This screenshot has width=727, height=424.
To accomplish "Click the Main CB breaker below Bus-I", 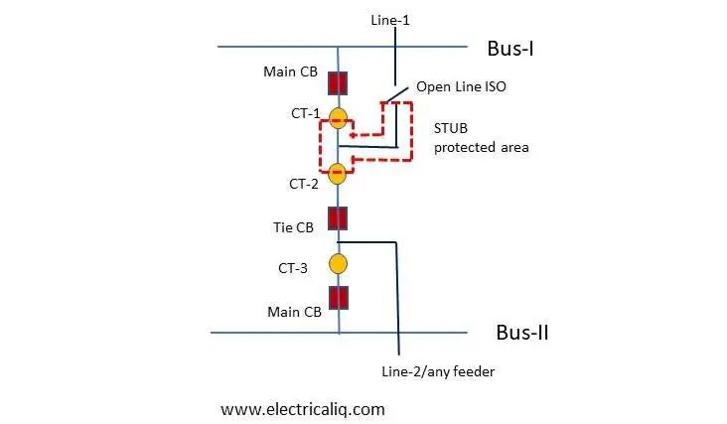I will tap(339, 83).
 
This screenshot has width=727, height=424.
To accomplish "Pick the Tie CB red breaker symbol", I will tap(339, 218).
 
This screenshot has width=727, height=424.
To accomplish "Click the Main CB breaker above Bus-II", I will tap(339, 298).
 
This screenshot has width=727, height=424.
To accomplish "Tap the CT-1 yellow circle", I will tap(339, 120).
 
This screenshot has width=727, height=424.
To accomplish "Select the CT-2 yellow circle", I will tap(339, 174).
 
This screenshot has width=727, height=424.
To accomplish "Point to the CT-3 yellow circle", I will tap(339, 264).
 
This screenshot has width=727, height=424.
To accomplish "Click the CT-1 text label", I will tap(305, 113).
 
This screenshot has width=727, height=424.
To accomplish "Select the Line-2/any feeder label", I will tap(438, 371).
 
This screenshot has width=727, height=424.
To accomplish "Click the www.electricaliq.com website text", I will tap(302, 408).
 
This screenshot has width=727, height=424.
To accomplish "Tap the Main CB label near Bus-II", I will tap(294, 312).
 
